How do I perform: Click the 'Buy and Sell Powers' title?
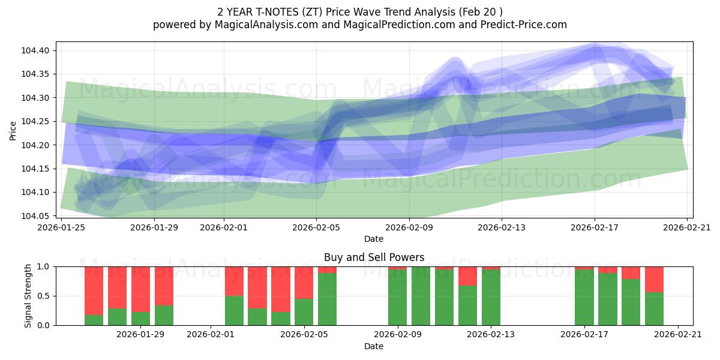[374, 257]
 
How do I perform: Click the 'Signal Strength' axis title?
[28, 296]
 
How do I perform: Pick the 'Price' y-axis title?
[13, 130]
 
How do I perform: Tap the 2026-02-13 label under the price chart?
[502, 227]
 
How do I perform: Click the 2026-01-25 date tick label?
[62, 227]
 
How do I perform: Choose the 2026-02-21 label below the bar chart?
[677, 335]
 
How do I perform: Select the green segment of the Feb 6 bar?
[327, 299]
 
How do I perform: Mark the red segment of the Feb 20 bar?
[654, 279]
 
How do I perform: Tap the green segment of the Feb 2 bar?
[234, 310]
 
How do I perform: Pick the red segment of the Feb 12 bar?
[467, 275]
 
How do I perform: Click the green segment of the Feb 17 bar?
[584, 298]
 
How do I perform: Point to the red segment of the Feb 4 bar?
[280, 289]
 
